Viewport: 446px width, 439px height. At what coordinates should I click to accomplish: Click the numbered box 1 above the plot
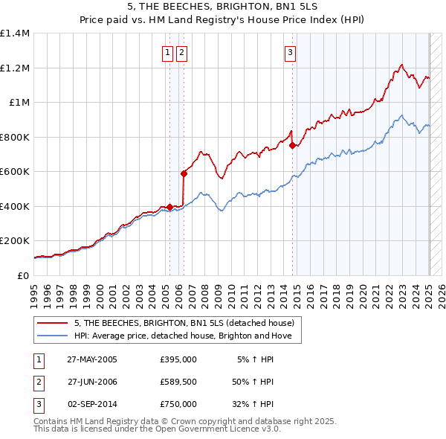click(x=168, y=52)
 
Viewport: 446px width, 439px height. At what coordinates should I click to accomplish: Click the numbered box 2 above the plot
click(x=181, y=52)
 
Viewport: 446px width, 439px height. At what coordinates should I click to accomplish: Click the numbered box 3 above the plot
click(x=290, y=52)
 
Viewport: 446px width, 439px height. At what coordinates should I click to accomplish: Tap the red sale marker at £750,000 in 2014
click(x=292, y=146)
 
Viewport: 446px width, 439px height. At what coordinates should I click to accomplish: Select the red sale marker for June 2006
click(x=183, y=173)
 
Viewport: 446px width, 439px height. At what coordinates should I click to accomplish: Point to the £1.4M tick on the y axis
click(x=15, y=33)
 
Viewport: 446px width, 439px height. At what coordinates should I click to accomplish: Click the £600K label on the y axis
click(x=15, y=172)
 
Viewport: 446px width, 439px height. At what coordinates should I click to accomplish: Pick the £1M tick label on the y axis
click(x=19, y=103)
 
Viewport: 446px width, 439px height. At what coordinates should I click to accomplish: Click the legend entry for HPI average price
click(x=187, y=336)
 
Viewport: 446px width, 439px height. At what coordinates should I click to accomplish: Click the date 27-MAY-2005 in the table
click(x=92, y=359)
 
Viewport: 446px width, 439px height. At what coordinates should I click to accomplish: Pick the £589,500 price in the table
click(x=178, y=382)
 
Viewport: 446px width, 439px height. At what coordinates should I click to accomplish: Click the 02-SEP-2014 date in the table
click(x=92, y=404)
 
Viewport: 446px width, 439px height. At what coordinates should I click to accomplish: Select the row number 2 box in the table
click(x=37, y=382)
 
